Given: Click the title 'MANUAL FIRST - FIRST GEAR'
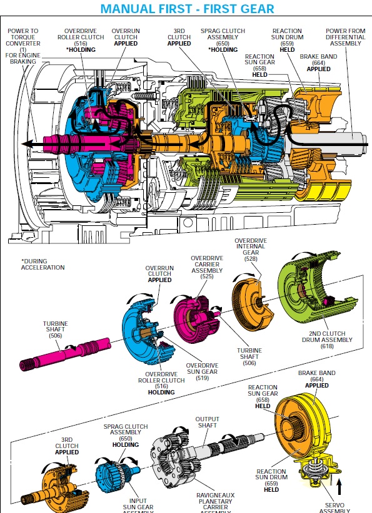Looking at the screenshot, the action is point(187,9).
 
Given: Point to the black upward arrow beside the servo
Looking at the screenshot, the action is point(339,487).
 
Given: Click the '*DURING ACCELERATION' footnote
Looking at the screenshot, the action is point(43,265).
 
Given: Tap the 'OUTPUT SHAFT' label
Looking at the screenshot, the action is point(207,422).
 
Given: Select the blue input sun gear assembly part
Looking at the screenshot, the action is point(116,474).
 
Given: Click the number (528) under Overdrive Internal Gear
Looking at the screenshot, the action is point(251,259).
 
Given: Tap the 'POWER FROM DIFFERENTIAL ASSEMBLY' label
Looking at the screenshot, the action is point(346,37).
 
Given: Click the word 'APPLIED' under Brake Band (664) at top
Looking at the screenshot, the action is point(319,69).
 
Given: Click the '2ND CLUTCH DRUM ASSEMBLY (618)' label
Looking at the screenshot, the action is point(327,340).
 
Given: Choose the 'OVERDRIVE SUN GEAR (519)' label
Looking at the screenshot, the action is point(202,372).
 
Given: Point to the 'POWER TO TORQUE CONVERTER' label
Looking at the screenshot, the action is point(23,37).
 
